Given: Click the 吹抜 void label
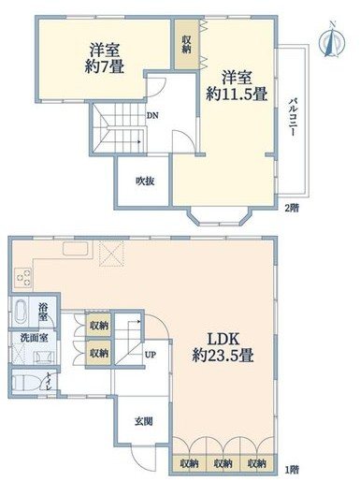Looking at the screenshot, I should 143,181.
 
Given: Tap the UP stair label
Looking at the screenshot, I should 151,355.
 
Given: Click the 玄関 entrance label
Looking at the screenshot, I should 143,422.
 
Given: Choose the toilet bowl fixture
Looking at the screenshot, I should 26,383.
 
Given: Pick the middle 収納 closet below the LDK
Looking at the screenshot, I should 223,462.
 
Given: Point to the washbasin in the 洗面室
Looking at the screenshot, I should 37,356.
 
